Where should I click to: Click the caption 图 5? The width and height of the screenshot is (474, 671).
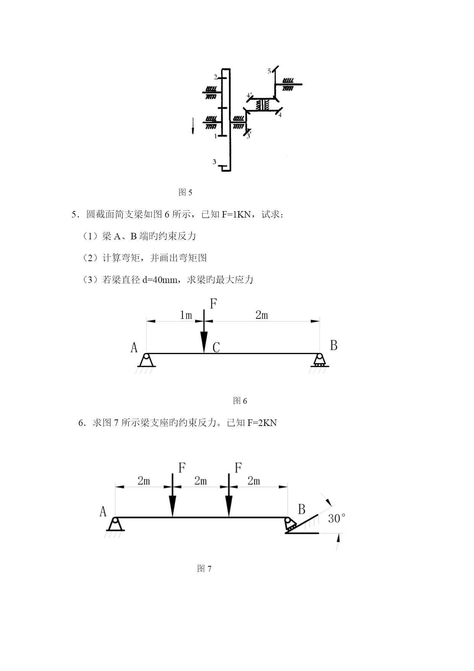(185, 192)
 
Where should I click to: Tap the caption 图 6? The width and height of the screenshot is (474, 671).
(240, 401)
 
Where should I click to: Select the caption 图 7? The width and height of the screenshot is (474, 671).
(204, 569)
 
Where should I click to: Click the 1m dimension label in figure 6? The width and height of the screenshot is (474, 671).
(186, 315)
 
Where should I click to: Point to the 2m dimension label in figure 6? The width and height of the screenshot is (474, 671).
(262, 315)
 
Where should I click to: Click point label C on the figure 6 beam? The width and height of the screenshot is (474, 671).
(216, 348)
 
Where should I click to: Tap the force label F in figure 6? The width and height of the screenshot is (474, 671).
(214, 304)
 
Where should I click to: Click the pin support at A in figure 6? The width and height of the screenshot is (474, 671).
(146, 361)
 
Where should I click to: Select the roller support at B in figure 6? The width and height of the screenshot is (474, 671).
(319, 361)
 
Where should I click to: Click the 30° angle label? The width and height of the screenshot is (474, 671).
(336, 518)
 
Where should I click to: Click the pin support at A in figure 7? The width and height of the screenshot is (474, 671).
(115, 525)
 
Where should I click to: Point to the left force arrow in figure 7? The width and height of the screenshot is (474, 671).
(173, 496)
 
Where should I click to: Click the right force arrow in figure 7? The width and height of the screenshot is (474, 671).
(229, 496)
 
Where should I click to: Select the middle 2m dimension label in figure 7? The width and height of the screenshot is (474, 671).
(201, 481)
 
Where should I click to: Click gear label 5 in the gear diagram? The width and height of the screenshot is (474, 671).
(269, 71)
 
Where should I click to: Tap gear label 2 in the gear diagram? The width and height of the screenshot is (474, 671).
(215, 77)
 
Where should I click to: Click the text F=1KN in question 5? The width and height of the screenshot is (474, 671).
(236, 214)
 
